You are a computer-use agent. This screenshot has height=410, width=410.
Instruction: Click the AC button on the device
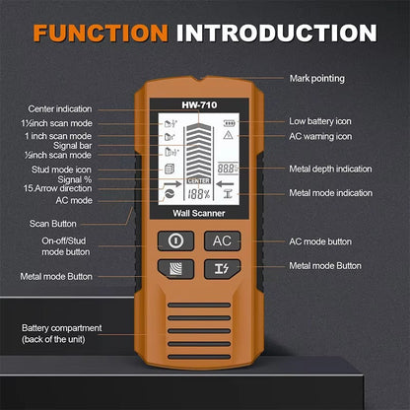[x=222, y=240]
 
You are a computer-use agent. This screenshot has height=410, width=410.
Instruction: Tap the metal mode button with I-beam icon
[x=222, y=269]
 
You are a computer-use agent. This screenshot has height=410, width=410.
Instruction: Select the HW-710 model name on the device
[x=199, y=105]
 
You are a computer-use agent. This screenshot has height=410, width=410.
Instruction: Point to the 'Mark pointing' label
[x=315, y=78]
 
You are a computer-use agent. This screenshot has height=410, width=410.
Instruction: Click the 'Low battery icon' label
[x=321, y=120]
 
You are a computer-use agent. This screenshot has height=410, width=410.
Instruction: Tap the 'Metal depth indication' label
[x=331, y=168]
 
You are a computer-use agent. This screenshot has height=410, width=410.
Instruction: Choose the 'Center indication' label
[x=62, y=108]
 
